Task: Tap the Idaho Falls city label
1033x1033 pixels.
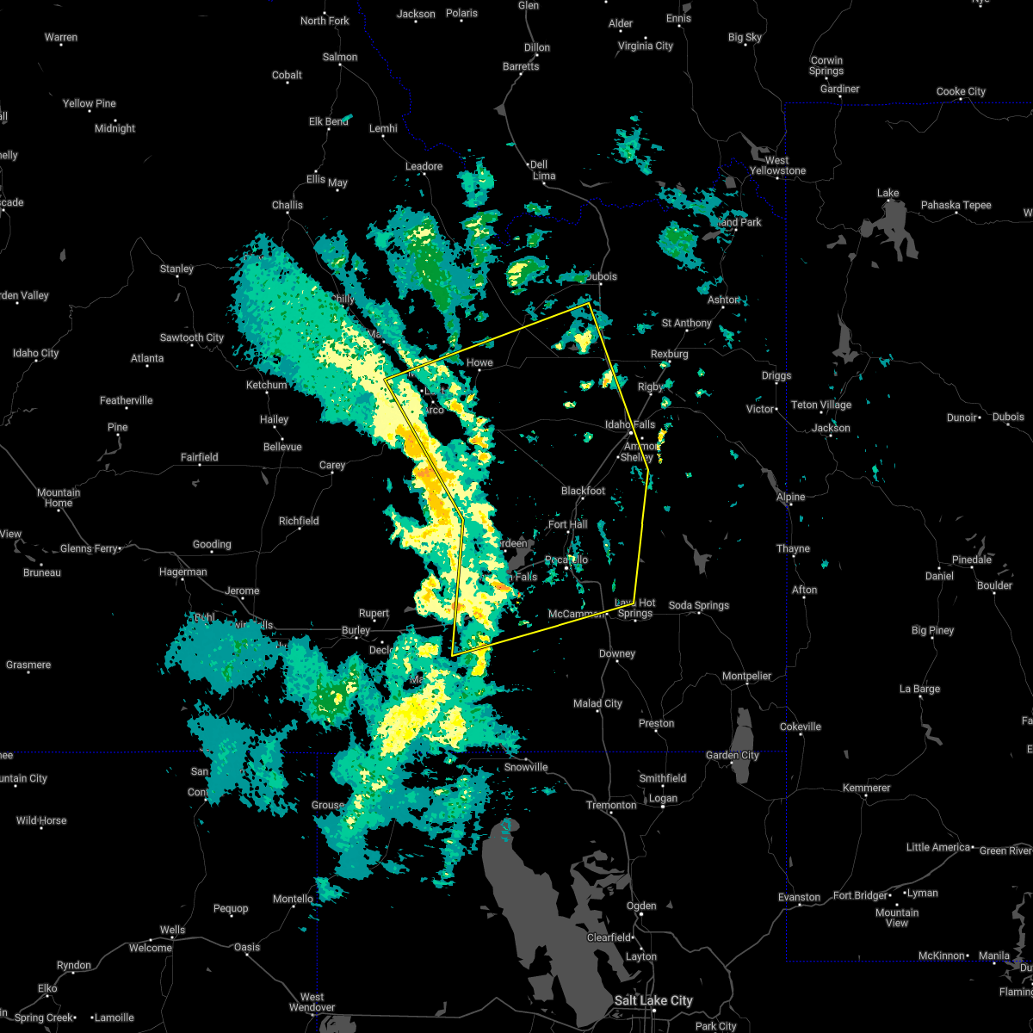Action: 630,424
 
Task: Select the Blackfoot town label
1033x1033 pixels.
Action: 583,491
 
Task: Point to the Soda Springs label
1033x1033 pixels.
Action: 698,606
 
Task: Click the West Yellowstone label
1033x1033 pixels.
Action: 776,165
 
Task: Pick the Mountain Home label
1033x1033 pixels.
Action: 59,498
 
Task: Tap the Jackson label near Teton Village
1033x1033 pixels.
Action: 831,428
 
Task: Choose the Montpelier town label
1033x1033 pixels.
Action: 746,676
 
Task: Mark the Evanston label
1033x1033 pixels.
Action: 799,897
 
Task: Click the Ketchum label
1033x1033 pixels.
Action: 266,385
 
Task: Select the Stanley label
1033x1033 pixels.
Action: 176,269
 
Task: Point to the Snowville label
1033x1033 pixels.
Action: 526,767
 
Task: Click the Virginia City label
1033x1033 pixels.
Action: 646,46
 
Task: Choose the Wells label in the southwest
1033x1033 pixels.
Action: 172,930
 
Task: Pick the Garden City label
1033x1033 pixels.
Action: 733,755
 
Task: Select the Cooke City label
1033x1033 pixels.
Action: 961,91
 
